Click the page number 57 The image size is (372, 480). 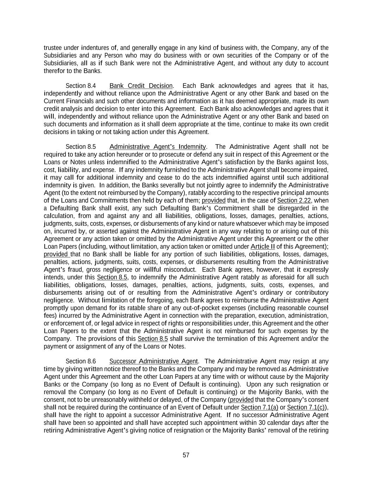(186, 455)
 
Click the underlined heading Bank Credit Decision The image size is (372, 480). (141, 86)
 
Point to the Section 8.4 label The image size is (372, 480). (81, 86)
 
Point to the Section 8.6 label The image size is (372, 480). (81, 361)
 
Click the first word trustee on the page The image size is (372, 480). (52, 48)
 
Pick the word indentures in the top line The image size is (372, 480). (95, 48)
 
